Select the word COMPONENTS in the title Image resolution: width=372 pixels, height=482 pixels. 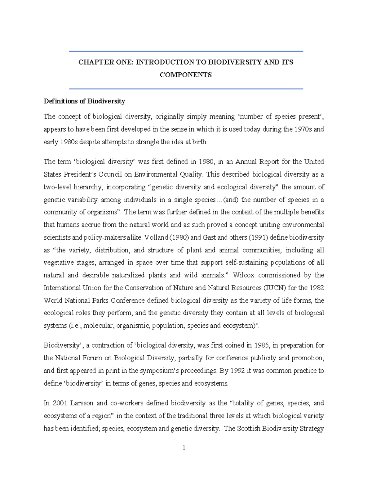tap(186, 75)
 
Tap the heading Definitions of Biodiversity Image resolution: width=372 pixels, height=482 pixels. tap(84, 101)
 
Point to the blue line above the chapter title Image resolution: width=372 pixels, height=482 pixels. tap(186, 51)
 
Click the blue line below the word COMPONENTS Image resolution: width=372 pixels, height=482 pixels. tap(186, 89)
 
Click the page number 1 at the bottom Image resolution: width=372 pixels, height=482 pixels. tap(184, 448)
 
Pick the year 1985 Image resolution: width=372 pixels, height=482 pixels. tap(262, 345)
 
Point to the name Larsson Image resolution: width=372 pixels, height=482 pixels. tap(82, 403)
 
